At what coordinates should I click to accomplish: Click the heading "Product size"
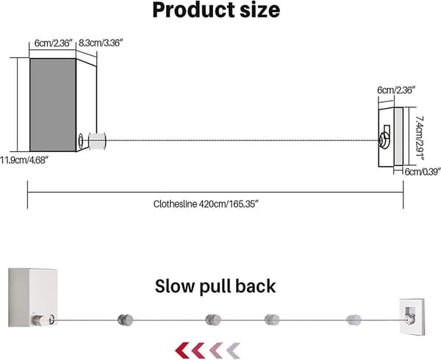[216, 10]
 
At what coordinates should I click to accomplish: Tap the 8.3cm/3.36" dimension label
[101, 43]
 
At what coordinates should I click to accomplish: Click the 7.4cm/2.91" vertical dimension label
[420, 138]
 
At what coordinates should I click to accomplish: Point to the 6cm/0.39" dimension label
[423, 171]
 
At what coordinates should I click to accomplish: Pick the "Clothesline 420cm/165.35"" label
[206, 204]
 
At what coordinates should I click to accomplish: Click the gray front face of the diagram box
[53, 105]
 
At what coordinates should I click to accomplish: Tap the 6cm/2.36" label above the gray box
[54, 43]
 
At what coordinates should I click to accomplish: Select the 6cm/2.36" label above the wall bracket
[396, 90]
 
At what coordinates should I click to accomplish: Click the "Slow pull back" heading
[215, 286]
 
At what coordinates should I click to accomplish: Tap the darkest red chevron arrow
[182, 350]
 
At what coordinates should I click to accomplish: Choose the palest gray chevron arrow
[233, 350]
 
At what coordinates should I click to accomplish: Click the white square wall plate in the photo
[412, 316]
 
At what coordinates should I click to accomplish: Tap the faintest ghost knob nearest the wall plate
[354, 320]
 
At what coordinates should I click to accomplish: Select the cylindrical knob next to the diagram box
[97, 141]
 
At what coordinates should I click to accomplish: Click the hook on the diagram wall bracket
[384, 137]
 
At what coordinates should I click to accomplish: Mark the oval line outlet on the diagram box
[81, 140]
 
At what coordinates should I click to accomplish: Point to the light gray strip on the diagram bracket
[398, 137]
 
